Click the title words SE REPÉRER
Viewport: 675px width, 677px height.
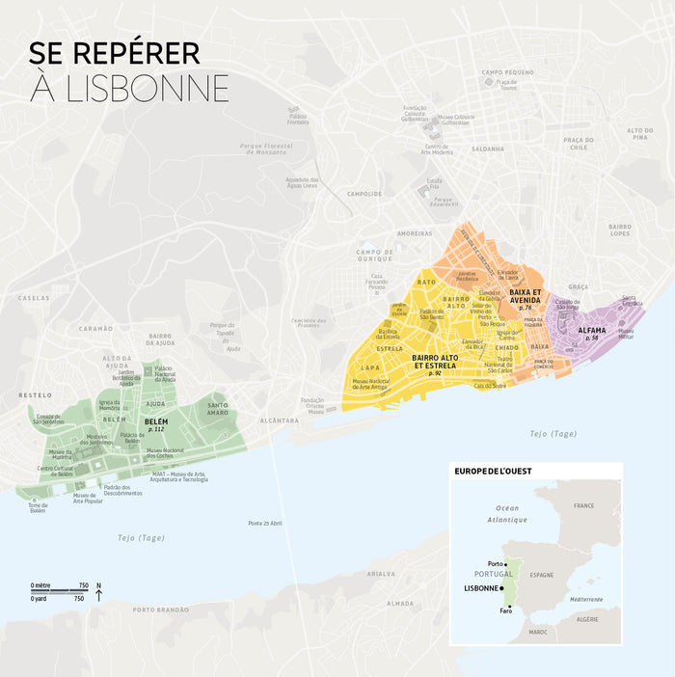pyautogui.click(x=115, y=53)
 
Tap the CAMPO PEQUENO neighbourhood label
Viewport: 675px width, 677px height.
pyautogui.click(x=507, y=72)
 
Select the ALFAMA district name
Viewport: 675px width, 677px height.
pyautogui.click(x=592, y=330)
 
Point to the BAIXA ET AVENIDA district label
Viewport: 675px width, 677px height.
pyautogui.click(x=526, y=296)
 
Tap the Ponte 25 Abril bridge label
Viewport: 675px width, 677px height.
pyautogui.click(x=264, y=523)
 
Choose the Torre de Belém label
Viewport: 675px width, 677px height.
pyautogui.click(x=37, y=507)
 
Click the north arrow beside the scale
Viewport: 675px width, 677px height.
pyautogui.click(x=98, y=592)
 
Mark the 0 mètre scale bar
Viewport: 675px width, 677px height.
pyautogui.click(x=60, y=591)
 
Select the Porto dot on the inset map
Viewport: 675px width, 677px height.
pyautogui.click(x=505, y=564)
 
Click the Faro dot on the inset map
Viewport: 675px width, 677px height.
pyautogui.click(x=507, y=605)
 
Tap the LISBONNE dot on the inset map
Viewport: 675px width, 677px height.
pyautogui.click(x=501, y=587)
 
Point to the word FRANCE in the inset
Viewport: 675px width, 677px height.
pyautogui.click(x=584, y=505)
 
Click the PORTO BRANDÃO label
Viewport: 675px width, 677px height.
pyautogui.click(x=161, y=609)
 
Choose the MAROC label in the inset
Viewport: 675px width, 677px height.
pyautogui.click(x=536, y=633)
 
